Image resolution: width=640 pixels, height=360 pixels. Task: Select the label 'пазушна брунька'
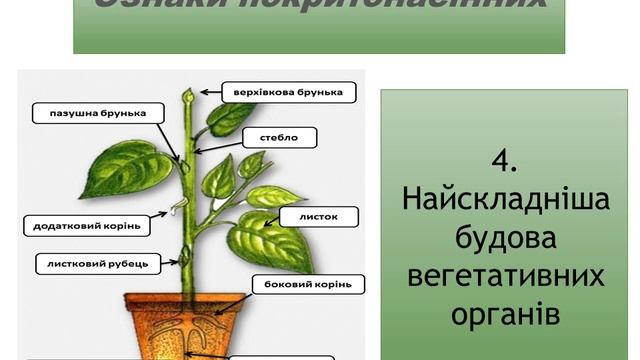(90, 113)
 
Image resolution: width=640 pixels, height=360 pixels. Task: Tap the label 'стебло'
(279, 136)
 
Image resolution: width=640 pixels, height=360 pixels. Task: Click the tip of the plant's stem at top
(186, 96)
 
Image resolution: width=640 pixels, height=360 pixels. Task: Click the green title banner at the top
(319, 25)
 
